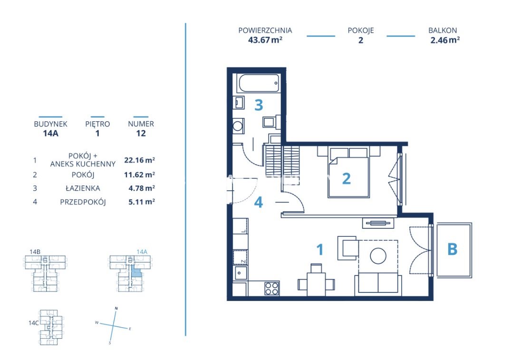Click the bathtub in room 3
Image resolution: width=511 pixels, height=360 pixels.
click(259, 83)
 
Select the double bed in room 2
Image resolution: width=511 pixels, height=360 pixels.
click(349, 172)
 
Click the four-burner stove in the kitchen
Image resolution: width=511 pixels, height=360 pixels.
click(272, 288)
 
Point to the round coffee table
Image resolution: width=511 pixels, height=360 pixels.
click(378, 256)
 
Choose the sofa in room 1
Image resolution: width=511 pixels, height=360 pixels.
click(378, 283)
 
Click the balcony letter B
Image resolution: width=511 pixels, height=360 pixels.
click(453, 249)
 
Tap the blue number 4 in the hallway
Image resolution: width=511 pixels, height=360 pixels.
click(259, 202)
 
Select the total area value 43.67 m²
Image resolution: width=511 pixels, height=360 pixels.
click(265, 40)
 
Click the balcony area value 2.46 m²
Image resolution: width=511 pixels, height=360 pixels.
click(445, 40)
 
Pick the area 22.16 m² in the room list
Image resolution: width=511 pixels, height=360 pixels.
click(139, 160)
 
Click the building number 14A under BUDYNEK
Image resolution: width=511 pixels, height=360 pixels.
click(50, 133)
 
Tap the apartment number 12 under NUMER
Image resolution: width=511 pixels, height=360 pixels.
click(141, 133)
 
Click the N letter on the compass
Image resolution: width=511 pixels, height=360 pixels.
click(116, 308)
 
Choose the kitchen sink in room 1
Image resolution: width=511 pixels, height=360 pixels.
click(241, 272)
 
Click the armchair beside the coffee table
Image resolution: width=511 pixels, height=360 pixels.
click(348, 248)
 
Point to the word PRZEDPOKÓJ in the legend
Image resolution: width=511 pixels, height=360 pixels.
click(83, 202)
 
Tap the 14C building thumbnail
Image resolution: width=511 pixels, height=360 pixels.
click(49, 327)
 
